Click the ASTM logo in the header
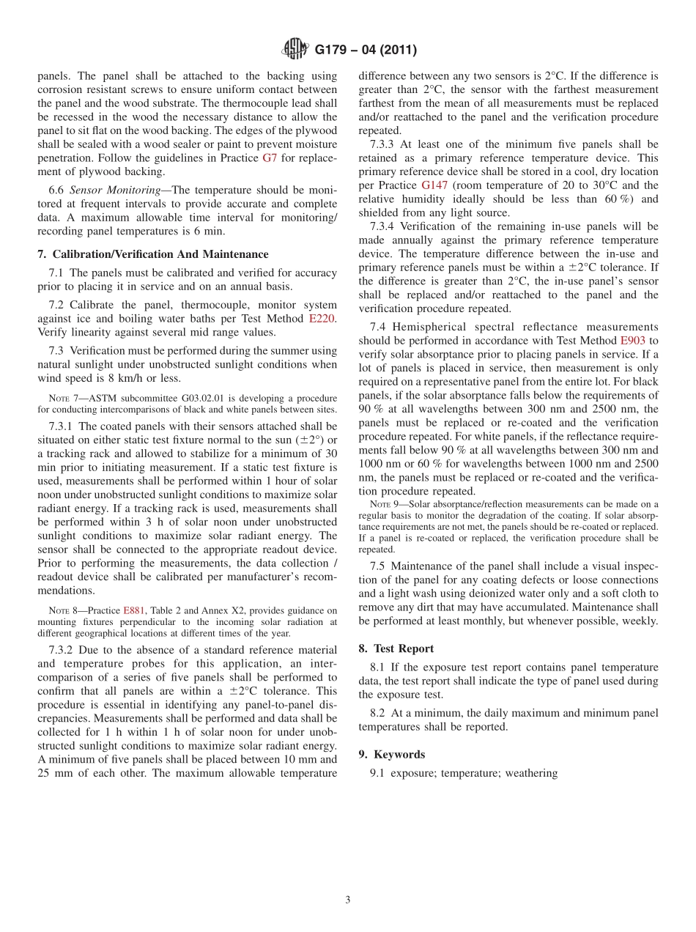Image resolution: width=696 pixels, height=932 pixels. tap(295, 50)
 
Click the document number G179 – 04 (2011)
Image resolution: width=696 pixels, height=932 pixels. tap(366, 51)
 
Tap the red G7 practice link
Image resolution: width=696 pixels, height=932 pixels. tap(270, 158)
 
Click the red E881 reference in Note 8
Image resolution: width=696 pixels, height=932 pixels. tap(133, 610)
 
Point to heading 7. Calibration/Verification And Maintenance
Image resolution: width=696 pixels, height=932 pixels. tap(152, 254)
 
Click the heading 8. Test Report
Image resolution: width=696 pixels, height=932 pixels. tap(396, 648)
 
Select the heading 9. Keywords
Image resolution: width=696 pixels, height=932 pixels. tap(391, 755)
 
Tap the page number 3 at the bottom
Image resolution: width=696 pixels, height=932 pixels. tap(348, 900)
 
